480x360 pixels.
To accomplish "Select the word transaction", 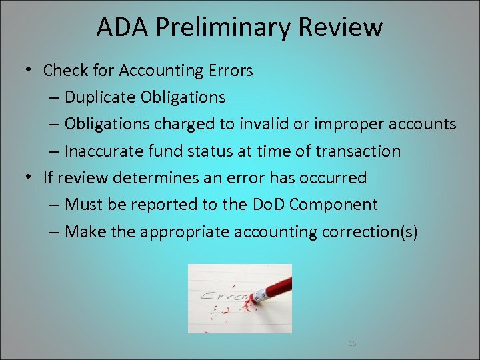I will click(x=358, y=151).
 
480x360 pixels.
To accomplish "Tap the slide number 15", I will click(x=353, y=343).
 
